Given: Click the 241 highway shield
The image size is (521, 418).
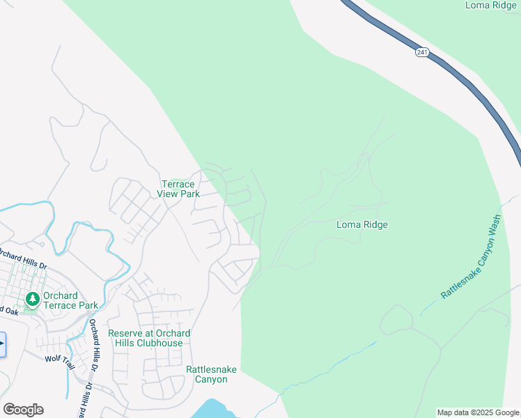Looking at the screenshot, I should tap(422, 52).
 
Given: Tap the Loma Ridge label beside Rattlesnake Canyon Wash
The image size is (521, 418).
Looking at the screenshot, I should tap(361, 224).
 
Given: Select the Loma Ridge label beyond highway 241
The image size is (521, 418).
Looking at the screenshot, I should tap(490, 5).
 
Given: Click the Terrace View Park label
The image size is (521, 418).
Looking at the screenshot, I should tap(178, 189).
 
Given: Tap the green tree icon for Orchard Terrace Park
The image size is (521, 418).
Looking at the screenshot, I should tap(32, 300).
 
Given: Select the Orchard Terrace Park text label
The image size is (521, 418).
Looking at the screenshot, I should tap(70, 300).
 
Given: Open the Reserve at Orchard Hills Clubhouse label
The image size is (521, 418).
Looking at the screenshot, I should tap(149, 338).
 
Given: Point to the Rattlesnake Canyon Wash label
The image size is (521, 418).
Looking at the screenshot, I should tap(471, 257).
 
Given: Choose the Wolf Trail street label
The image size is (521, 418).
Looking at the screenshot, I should tap(59, 358).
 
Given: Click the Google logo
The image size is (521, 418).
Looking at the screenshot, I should tap(23, 410).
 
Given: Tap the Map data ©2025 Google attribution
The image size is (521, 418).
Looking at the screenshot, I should tap(478, 412).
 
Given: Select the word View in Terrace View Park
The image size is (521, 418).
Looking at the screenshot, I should tap(169, 194).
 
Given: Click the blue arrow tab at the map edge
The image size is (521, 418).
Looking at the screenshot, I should tap(2, 344).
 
